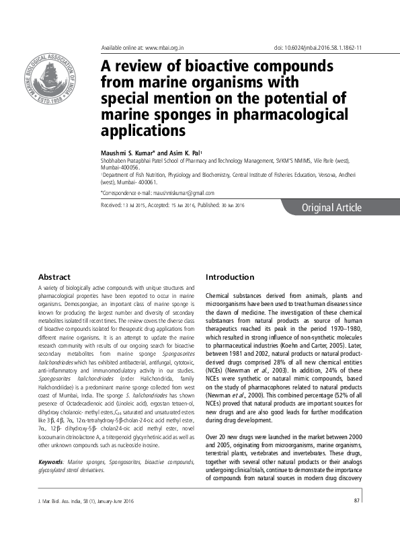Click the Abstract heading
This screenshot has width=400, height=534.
click(54, 277)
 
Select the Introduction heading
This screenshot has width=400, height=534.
click(230, 277)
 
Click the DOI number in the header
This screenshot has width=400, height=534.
click(329, 48)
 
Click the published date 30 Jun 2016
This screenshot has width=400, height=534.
click(230, 204)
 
